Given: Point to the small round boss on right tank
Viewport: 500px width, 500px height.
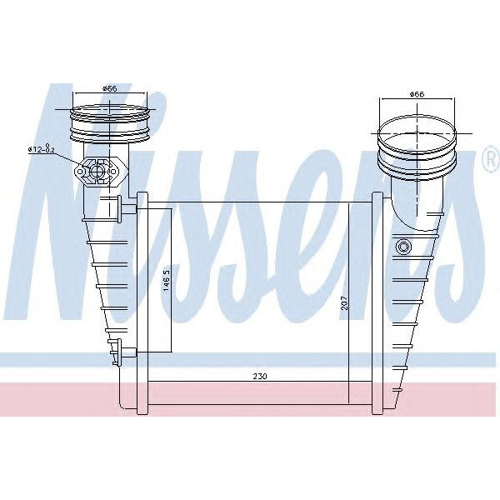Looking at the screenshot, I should coord(405,247).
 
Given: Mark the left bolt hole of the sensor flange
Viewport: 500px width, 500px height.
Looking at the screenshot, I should coord(82,173).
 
